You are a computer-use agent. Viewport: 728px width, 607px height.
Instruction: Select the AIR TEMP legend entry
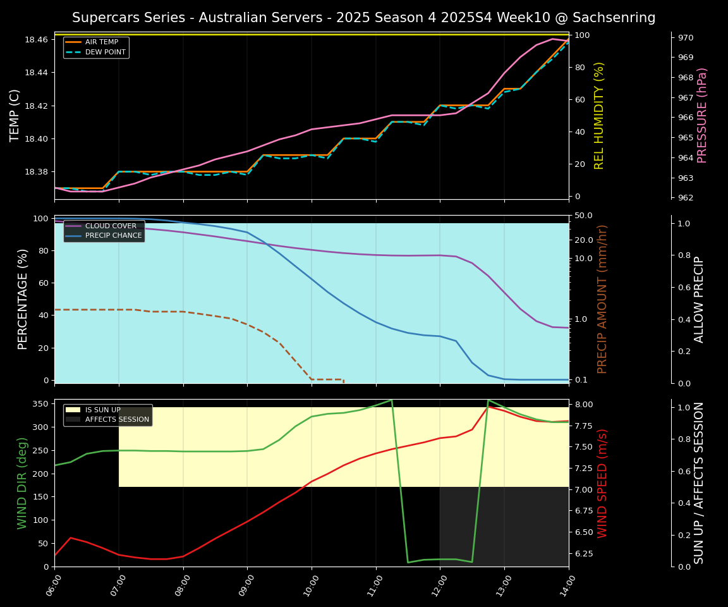click(101, 42)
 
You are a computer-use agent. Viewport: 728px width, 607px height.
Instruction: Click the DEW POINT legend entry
click(105, 52)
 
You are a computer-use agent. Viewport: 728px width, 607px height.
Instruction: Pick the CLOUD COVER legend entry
click(111, 226)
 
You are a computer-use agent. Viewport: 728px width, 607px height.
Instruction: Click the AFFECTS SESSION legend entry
click(117, 419)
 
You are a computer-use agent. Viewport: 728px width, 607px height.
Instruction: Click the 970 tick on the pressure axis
click(686, 38)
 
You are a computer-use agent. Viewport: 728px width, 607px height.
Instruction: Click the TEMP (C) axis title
click(15, 115)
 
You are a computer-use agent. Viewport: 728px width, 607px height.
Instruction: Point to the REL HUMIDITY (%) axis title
click(599, 115)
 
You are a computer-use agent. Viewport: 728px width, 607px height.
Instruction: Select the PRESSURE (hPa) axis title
click(702, 115)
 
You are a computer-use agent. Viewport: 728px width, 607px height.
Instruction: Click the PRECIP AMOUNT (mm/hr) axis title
click(602, 299)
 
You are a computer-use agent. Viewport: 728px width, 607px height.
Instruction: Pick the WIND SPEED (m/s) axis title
click(602, 483)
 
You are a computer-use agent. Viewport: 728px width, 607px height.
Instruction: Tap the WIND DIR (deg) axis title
click(23, 483)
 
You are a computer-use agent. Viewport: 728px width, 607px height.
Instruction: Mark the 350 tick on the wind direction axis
click(40, 403)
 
